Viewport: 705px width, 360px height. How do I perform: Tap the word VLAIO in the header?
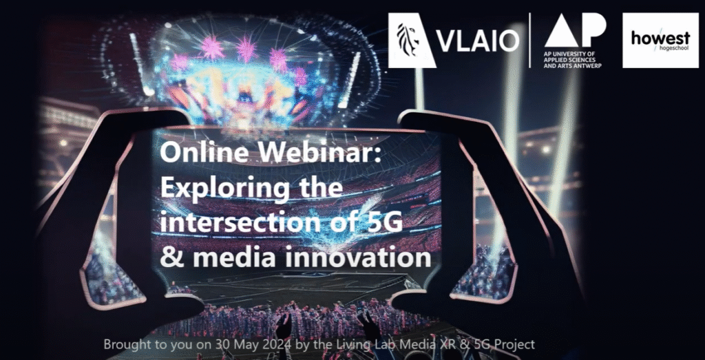point(478,42)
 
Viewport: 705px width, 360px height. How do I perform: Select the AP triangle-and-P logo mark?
point(575,30)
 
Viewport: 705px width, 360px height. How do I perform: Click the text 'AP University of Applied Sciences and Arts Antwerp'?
point(573,59)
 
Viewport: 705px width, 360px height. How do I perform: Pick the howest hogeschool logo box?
point(660,41)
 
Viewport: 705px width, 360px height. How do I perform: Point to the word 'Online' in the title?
point(200,154)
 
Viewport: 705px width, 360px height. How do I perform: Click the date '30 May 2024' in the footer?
point(213,345)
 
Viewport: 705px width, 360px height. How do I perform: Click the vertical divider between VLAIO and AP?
point(531,41)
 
